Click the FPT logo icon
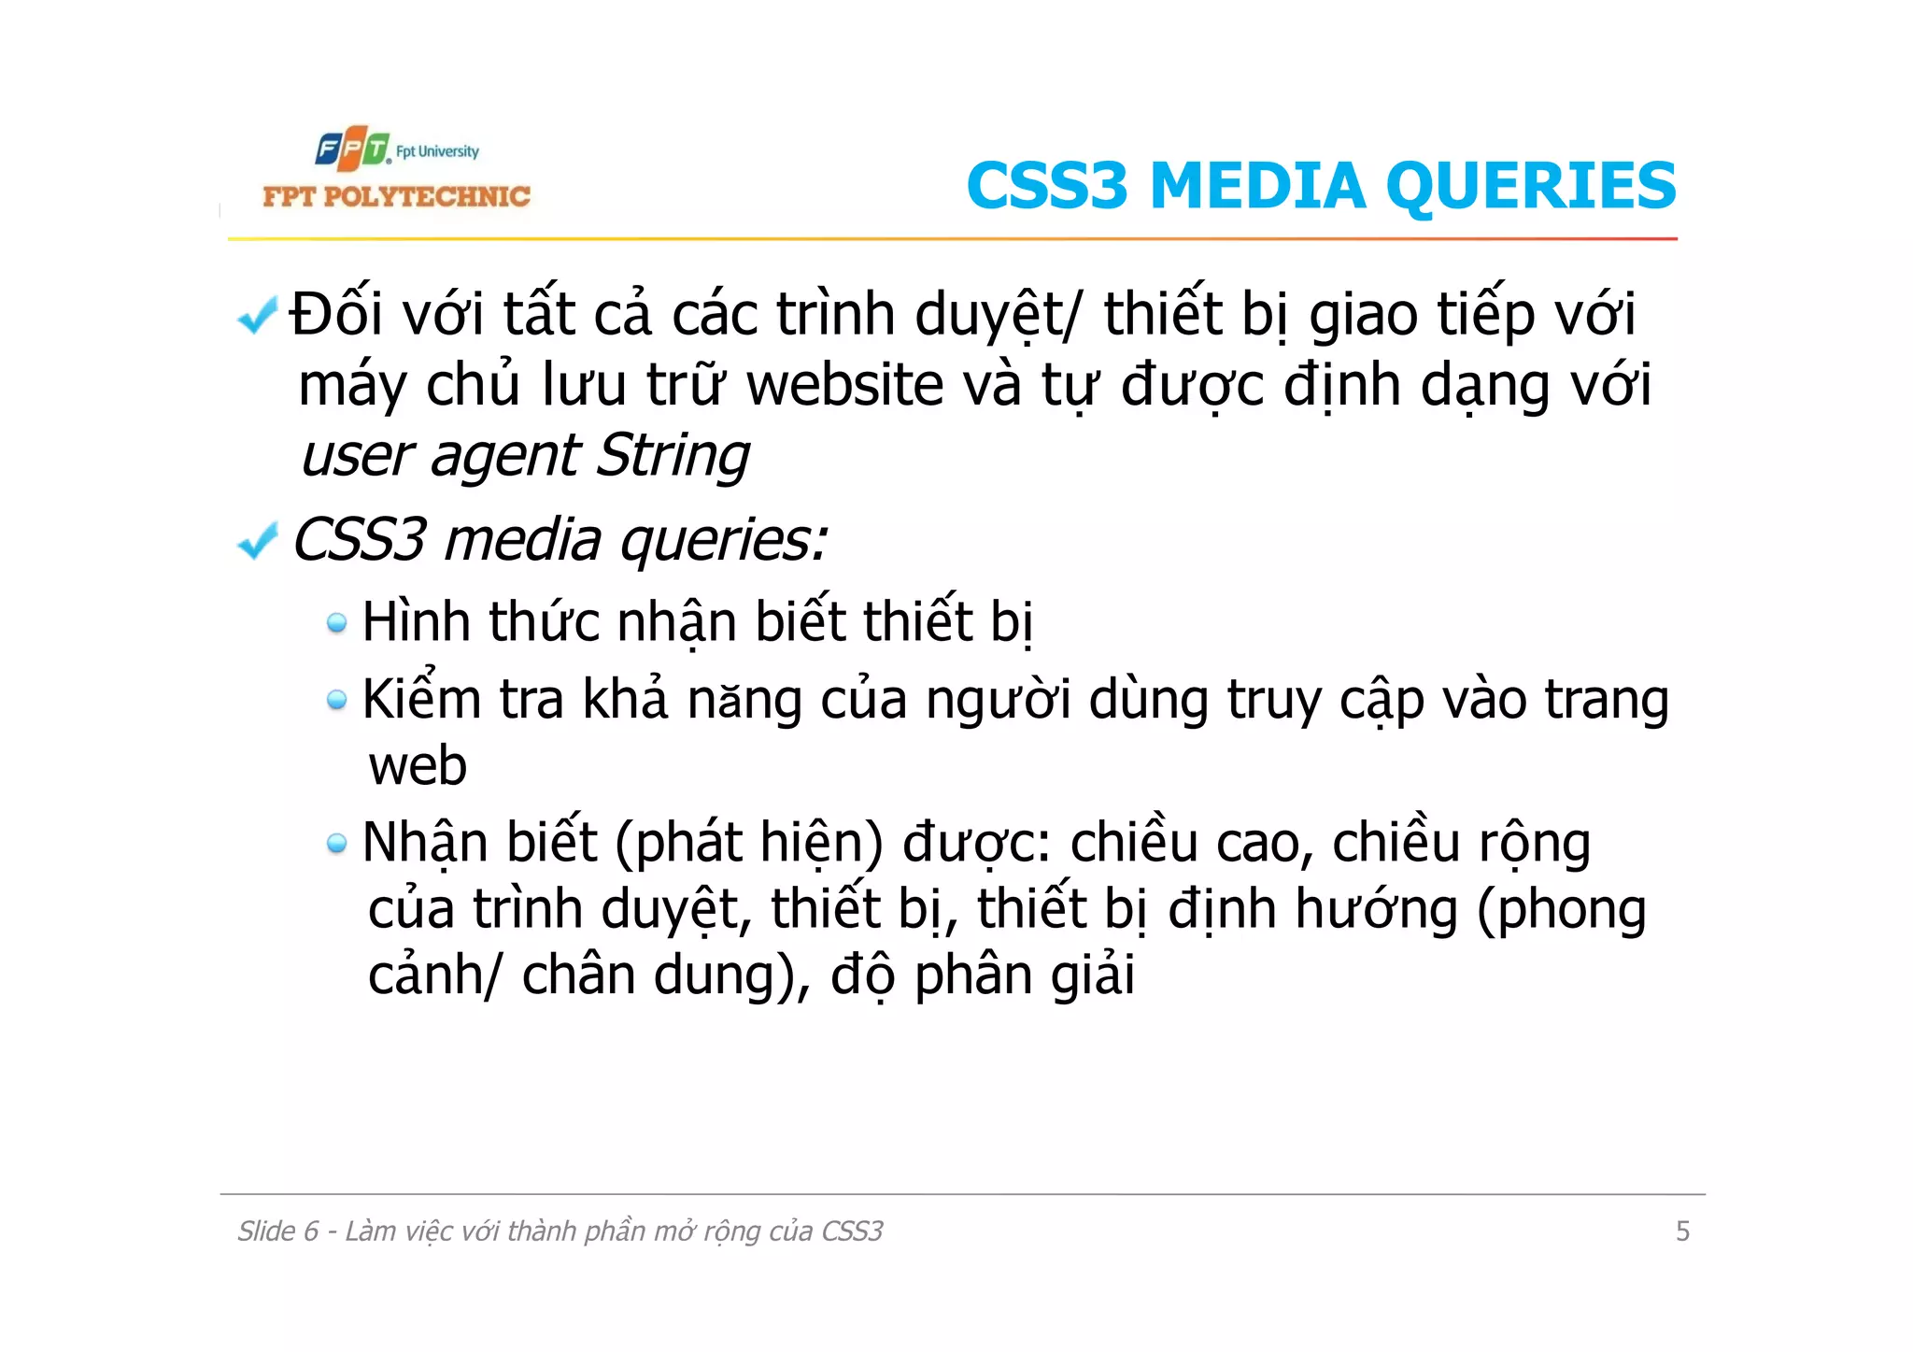(x=352, y=149)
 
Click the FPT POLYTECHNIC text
(x=396, y=196)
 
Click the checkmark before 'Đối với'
(x=257, y=315)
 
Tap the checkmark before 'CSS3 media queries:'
(x=257, y=540)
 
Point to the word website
(x=845, y=385)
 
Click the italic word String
(x=673, y=456)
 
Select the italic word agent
(x=505, y=458)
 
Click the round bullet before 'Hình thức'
(x=336, y=622)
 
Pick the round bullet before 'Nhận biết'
(x=336, y=844)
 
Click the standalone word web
(x=418, y=766)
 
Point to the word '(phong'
(x=1561, y=911)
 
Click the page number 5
(x=1682, y=1231)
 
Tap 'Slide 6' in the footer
(x=277, y=1231)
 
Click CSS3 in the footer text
(x=851, y=1231)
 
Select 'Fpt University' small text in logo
(x=437, y=151)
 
